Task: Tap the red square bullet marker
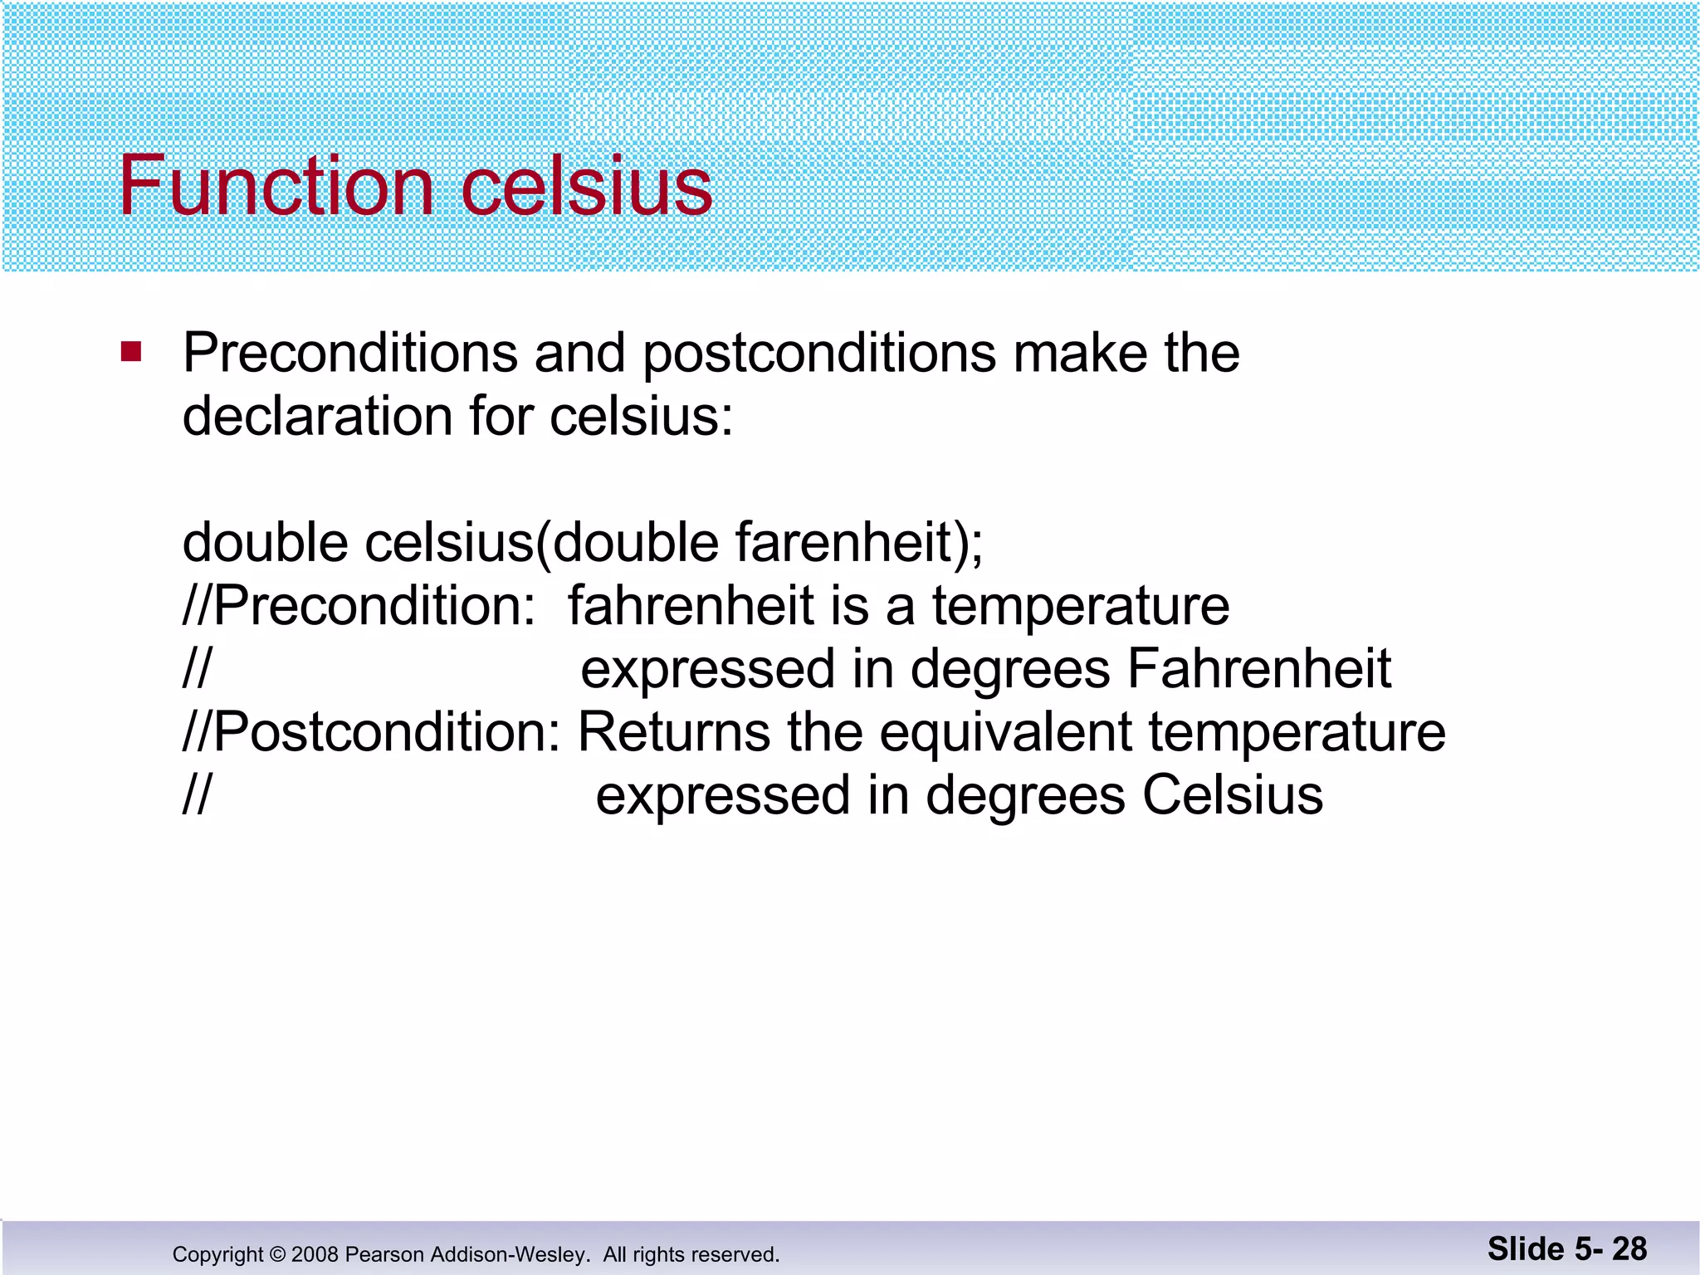[131, 352]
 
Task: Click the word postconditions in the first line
[818, 354]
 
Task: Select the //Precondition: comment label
[359, 606]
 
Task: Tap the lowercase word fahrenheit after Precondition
[690, 606]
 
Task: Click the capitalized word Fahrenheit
[1258, 669]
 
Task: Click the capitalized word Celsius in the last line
[1232, 795]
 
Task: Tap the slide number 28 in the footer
[1629, 1248]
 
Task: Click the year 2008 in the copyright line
[315, 1254]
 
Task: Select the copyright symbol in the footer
[277, 1254]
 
